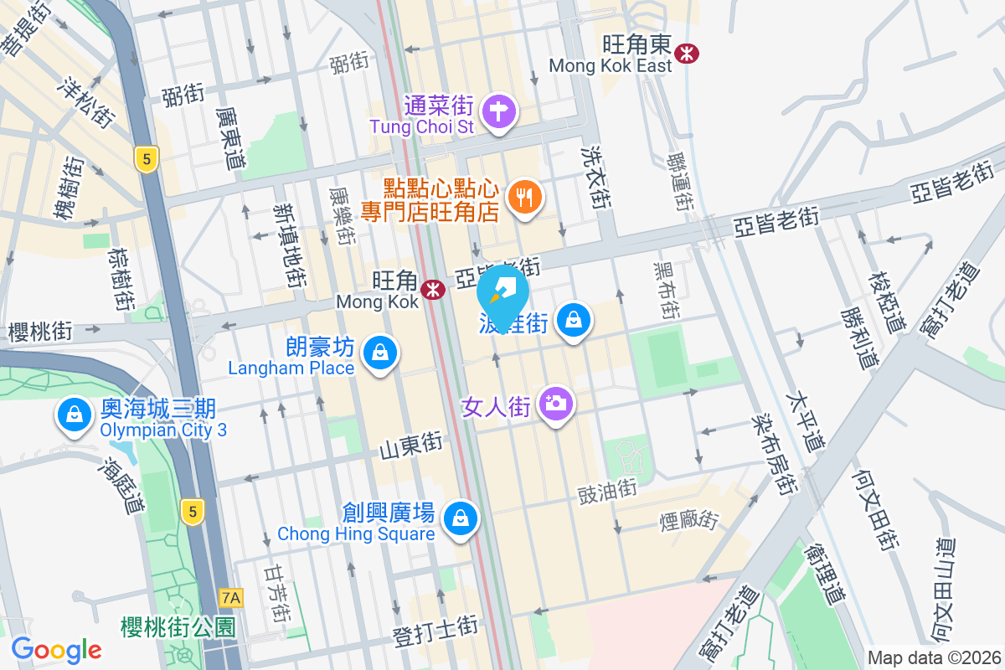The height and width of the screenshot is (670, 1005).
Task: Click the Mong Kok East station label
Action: [611, 65]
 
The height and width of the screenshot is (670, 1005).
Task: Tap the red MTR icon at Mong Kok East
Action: [688, 53]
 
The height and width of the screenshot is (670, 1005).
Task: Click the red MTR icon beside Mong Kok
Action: [433, 290]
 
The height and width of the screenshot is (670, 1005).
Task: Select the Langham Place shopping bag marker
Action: [381, 354]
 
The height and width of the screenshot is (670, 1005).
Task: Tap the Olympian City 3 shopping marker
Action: [75, 415]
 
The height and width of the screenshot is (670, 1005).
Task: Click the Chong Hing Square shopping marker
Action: [460, 518]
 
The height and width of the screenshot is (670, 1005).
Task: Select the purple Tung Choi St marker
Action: [499, 111]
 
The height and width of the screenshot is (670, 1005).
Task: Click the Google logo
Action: [56, 649]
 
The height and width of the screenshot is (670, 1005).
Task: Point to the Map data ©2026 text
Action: [934, 657]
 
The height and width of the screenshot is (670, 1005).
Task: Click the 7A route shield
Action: [231, 598]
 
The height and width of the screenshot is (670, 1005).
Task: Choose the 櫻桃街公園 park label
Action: [178, 627]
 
